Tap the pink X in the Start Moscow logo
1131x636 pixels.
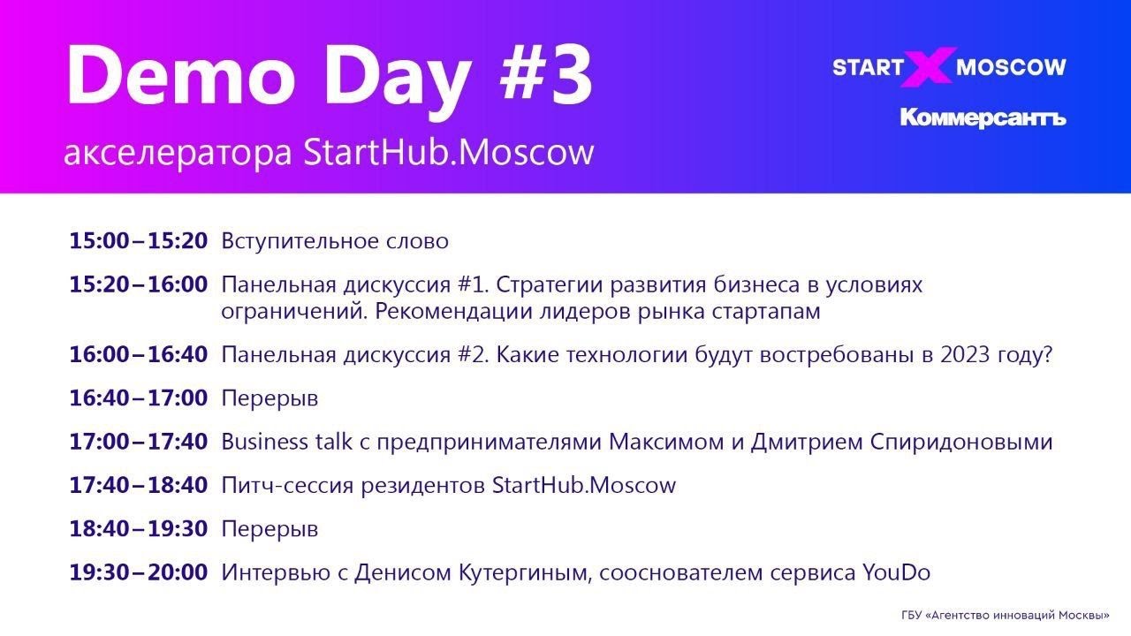tap(929, 67)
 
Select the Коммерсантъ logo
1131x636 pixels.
tap(983, 117)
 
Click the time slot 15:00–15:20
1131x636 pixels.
tap(139, 241)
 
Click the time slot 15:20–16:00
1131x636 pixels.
tap(139, 285)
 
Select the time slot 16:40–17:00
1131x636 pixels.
tap(139, 398)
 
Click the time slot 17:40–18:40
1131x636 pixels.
tap(139, 485)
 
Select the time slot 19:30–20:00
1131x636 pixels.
tap(139, 572)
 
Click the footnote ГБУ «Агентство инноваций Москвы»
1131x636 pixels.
tap(1006, 615)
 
